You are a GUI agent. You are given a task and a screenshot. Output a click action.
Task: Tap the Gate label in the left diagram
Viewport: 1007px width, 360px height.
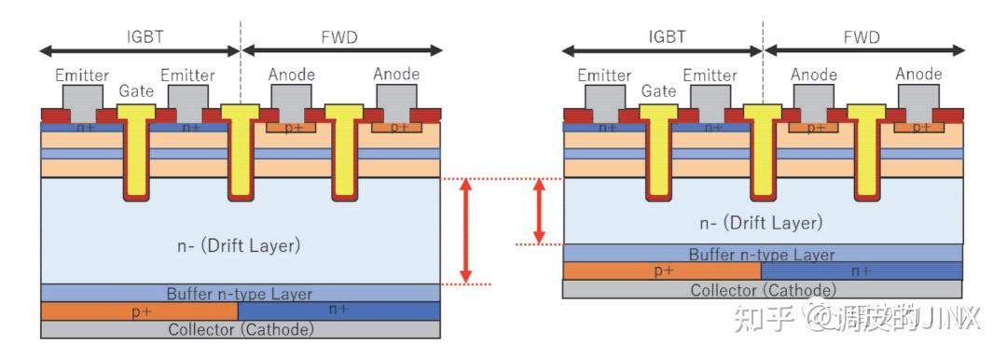pyautogui.click(x=136, y=91)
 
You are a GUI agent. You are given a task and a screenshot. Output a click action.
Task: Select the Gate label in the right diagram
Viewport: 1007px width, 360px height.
pyautogui.click(x=658, y=91)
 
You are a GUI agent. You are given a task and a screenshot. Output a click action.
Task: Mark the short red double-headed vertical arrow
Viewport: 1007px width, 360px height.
pyautogui.click(x=538, y=211)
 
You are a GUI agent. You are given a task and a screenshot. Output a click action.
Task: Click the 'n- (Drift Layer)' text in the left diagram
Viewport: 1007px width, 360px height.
pyautogui.click(x=240, y=245)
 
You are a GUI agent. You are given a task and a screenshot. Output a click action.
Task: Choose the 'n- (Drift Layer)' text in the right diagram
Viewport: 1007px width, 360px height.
pyautogui.click(x=762, y=223)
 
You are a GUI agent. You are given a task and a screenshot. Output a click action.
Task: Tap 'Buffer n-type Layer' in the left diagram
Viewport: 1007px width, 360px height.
pyautogui.click(x=240, y=294)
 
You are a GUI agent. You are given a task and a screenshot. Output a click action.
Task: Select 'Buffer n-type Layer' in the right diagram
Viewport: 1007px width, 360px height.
pyautogui.click(x=762, y=254)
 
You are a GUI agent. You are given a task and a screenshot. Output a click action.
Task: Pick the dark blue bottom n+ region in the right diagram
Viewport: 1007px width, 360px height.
pyautogui.click(x=862, y=271)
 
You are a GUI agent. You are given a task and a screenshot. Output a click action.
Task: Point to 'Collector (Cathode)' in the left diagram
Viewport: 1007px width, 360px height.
pyautogui.click(x=240, y=329)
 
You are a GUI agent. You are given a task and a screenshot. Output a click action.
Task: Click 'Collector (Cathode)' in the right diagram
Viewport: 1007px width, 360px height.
pyautogui.click(x=762, y=290)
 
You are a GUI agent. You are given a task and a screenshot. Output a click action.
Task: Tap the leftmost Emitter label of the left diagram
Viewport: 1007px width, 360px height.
pyautogui.click(x=82, y=75)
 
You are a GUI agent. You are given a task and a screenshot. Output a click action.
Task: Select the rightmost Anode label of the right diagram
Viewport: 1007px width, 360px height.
pyautogui.click(x=919, y=74)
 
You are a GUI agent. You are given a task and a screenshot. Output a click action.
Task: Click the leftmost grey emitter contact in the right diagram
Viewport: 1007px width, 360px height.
pyautogui.click(x=605, y=97)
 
